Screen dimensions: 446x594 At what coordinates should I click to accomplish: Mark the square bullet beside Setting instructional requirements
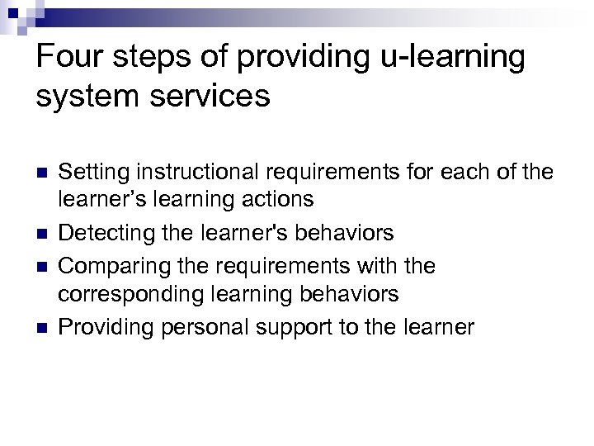coord(42,173)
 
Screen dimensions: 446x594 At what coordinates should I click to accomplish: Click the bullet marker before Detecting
coord(42,234)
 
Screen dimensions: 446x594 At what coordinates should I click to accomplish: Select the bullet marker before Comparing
coord(42,268)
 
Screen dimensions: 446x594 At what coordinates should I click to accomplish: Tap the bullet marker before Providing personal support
coord(42,328)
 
